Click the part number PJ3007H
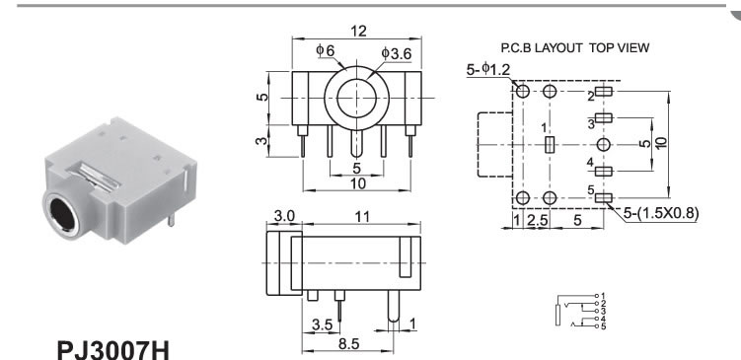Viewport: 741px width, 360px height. [x=112, y=349]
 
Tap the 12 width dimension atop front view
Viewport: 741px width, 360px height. [x=358, y=32]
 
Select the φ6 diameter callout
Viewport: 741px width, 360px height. [x=326, y=50]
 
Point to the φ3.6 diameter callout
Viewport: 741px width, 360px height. [x=397, y=53]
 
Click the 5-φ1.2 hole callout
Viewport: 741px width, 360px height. [x=488, y=70]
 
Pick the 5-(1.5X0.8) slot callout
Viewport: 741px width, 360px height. [x=661, y=214]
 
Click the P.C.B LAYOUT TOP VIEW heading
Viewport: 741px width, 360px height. [x=575, y=47]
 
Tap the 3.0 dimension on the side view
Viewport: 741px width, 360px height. [x=284, y=216]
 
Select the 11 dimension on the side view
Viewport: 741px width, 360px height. [x=361, y=216]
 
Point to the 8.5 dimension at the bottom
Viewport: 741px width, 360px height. [x=348, y=344]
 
